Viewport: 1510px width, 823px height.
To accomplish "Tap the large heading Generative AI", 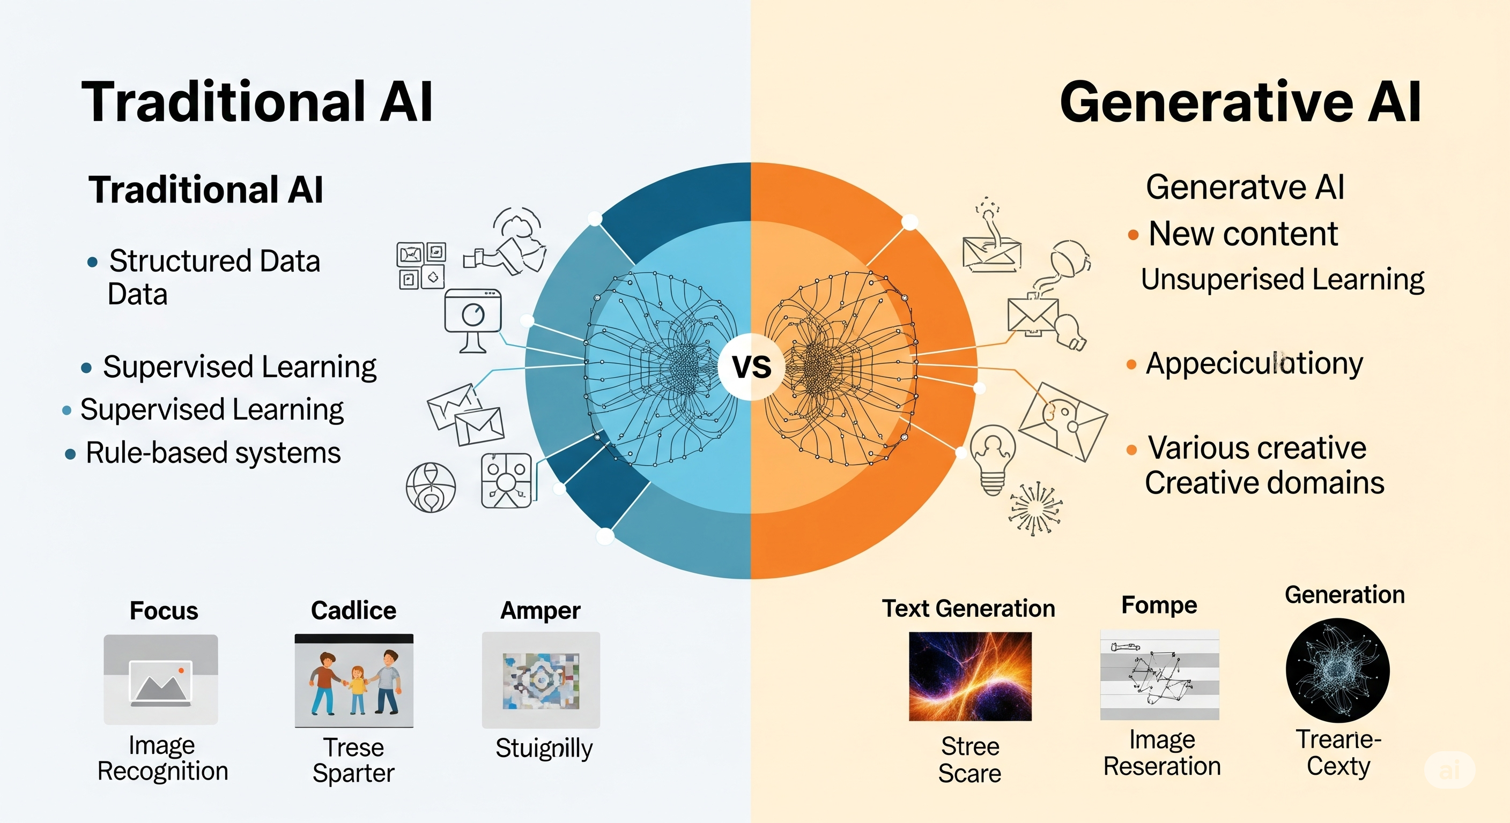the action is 1240,102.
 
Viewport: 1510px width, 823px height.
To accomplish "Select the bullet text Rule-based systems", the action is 213,453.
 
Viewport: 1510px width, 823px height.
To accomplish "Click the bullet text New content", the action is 1243,234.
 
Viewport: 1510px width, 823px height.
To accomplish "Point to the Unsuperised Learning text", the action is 1282,279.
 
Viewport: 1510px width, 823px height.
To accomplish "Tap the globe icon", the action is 431,488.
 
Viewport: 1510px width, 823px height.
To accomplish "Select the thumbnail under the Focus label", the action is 161,679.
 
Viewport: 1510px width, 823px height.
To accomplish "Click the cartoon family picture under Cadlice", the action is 354,680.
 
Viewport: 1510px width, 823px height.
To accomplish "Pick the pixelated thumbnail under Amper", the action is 541,680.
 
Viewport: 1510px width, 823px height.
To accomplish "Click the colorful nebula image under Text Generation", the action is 970,677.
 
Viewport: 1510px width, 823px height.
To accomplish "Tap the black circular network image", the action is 1338,671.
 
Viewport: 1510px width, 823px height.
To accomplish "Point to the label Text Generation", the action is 968,609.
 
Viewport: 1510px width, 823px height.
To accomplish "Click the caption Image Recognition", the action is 162,759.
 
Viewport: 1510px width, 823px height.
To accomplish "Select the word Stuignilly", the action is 544,748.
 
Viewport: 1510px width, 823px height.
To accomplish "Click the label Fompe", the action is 1159,605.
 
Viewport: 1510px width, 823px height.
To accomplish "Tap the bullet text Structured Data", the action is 214,261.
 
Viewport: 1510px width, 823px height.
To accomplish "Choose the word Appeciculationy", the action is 1254,364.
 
